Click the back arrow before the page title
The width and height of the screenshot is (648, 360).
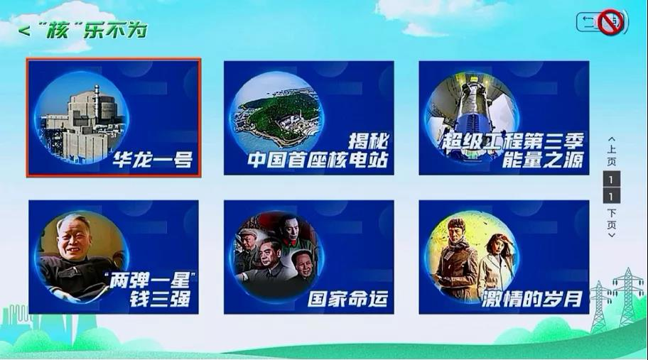23,31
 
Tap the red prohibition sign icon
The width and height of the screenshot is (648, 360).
611,22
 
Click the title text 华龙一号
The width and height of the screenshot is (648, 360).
153,160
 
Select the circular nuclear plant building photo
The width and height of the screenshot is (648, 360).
82,118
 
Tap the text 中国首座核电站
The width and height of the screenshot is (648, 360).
318,160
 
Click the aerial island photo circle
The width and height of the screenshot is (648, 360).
277,111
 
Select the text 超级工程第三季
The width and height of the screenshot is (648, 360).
513,141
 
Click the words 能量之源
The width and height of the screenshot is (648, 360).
543,160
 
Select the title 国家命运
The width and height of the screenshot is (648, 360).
348,299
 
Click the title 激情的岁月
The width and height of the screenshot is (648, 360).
532,299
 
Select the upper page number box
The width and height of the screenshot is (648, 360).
612,179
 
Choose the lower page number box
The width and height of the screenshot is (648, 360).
612,196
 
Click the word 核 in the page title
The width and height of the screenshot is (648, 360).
57,31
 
